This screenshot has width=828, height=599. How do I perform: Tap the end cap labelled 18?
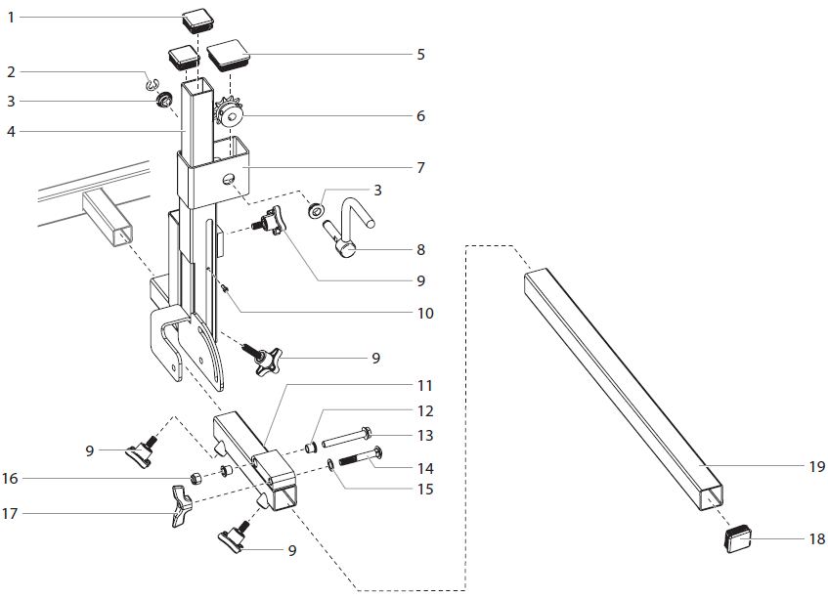(x=740, y=537)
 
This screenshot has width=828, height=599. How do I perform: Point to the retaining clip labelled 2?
(x=153, y=84)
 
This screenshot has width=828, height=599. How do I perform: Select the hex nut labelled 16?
(x=194, y=477)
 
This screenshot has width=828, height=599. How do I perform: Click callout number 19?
(x=817, y=466)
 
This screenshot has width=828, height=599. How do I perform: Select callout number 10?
(x=425, y=314)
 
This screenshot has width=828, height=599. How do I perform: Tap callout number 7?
(x=419, y=167)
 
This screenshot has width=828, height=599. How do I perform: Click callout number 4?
(x=10, y=131)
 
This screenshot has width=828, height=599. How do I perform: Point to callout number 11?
(x=425, y=386)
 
